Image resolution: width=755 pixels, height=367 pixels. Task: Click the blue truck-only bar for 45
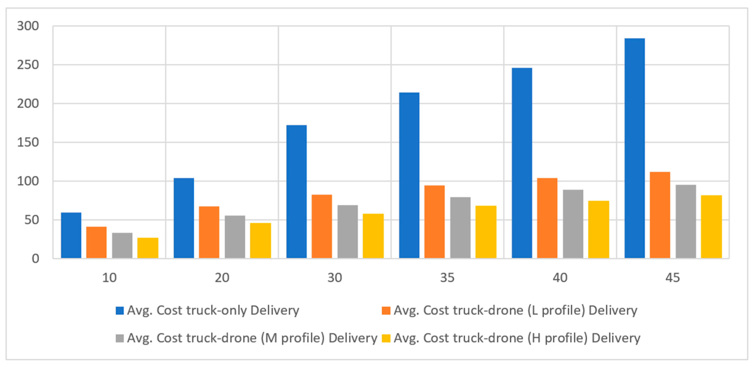tap(635, 148)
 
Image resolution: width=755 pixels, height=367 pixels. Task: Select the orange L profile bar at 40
tap(547, 218)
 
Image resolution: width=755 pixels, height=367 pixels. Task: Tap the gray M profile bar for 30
tap(348, 231)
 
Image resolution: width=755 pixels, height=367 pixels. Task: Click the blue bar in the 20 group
tap(184, 218)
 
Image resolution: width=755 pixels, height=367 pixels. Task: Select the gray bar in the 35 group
tap(460, 228)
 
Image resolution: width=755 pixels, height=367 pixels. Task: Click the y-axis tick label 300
tap(28, 26)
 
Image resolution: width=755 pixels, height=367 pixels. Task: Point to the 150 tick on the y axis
tap(28, 142)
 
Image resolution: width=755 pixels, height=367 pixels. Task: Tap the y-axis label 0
tap(35, 259)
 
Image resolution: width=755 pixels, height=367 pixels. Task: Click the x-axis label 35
tap(447, 277)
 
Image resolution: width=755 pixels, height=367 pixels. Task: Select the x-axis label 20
tap(222, 277)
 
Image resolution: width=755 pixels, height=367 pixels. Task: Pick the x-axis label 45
tap(673, 277)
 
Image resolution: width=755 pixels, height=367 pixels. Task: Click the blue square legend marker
tap(120, 310)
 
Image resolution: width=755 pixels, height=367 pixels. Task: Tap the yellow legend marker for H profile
tap(386, 338)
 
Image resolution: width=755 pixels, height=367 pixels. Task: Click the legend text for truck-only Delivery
tap(213, 310)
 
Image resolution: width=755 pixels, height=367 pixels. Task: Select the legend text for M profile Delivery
tap(252, 338)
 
